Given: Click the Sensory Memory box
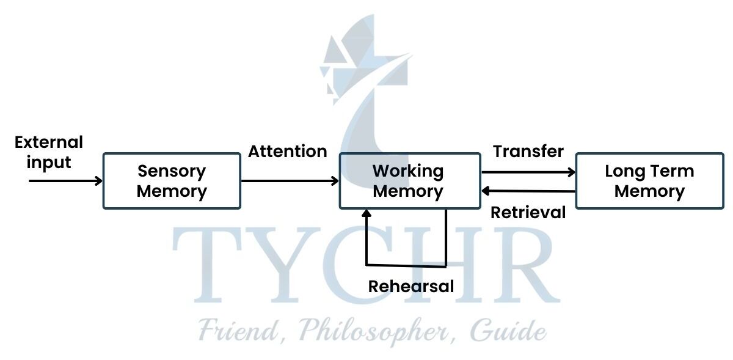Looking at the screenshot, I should point(172,181).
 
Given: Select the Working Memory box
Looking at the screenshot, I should point(410,181).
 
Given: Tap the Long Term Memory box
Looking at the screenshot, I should point(649,181).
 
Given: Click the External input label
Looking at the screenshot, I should point(48,153).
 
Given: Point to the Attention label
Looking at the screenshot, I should point(287,152).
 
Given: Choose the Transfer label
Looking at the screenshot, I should point(528,151).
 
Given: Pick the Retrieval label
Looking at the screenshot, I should point(528,213).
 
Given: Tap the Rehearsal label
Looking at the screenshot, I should point(411,286).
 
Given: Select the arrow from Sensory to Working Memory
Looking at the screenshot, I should point(290,180).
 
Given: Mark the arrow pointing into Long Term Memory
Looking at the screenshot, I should point(528,172).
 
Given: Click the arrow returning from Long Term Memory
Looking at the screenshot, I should point(528,191).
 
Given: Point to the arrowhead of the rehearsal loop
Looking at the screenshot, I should point(366,215).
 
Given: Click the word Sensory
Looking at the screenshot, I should point(172,171).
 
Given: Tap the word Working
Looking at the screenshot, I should point(408,171).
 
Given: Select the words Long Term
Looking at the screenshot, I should point(649,171).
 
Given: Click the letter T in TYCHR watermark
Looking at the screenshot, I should point(205,266).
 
